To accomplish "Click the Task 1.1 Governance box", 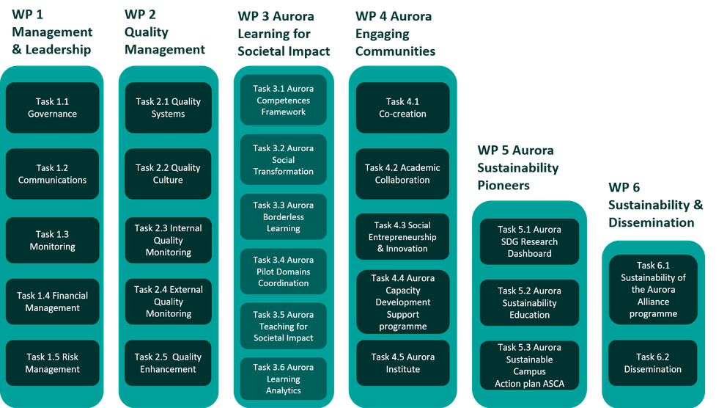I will tap(52, 108).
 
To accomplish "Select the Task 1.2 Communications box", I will tap(52, 174).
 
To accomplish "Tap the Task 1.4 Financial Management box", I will tap(52, 302).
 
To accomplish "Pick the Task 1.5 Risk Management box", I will tap(52, 363).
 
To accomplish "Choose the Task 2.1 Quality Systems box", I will tap(168, 108).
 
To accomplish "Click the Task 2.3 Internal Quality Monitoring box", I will tap(168, 240).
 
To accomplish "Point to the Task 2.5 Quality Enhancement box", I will tap(168, 363).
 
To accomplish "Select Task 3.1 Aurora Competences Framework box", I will tap(284, 101).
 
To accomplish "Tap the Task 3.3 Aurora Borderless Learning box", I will tap(284, 216).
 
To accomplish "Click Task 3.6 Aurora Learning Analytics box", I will tap(284, 379).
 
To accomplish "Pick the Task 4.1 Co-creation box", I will tap(402, 108).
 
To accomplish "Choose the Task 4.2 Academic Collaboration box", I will tap(402, 174).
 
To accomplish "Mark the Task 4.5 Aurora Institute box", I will tap(402, 363).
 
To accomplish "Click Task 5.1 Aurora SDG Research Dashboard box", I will tap(529, 241).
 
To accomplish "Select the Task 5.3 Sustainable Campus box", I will tap(529, 365).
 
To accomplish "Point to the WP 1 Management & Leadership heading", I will tap(51, 32).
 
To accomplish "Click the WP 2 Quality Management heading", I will tap(164, 32).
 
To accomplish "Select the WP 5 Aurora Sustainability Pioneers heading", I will tap(517, 168).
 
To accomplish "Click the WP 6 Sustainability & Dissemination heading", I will tap(654, 204).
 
